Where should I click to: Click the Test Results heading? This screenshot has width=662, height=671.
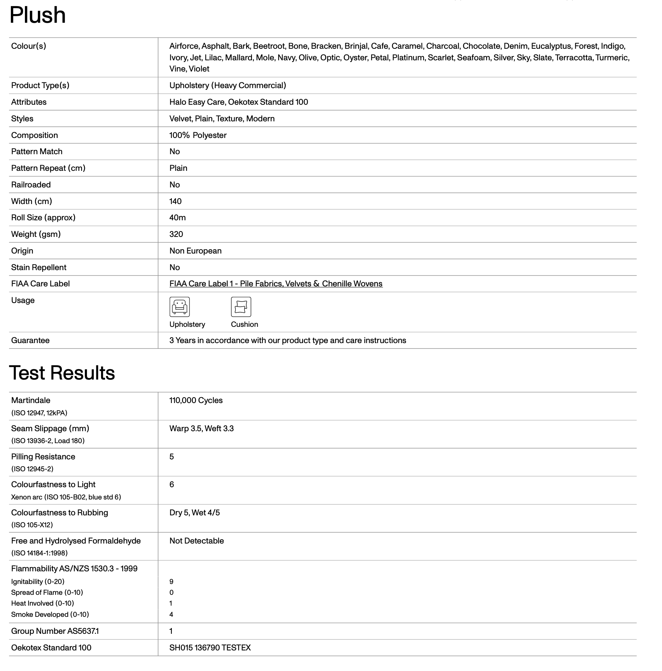62,373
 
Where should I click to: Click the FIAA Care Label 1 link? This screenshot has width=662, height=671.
276,284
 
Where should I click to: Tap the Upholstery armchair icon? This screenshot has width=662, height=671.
179,307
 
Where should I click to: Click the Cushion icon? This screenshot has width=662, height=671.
241,307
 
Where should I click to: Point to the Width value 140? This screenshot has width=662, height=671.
175,201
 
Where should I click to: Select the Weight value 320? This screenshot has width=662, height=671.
176,234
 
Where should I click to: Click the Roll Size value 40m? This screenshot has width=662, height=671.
178,218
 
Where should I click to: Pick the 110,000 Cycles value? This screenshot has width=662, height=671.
196,401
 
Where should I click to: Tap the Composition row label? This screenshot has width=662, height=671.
35,135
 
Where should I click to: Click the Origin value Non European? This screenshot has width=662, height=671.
195,251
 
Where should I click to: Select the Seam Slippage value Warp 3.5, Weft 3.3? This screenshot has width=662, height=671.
201,429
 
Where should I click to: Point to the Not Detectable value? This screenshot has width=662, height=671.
196,541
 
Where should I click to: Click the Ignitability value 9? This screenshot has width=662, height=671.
171,582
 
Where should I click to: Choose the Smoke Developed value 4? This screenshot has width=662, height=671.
171,615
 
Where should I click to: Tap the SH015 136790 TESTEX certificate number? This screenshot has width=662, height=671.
210,648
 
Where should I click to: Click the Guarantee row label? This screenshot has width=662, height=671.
30,341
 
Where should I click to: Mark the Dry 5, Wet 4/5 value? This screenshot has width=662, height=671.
195,513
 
